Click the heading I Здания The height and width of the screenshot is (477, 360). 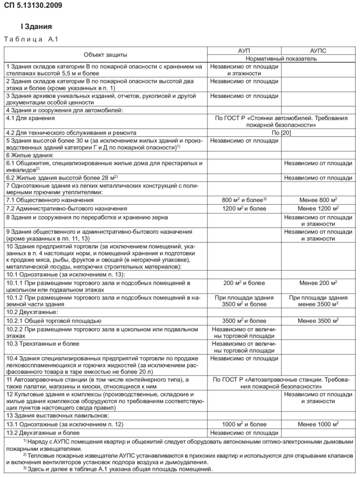pos(36,27)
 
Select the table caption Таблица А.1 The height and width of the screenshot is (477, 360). pos(30,39)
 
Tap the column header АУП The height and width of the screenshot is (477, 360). pos(244,50)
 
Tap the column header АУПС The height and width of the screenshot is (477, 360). pos(318,50)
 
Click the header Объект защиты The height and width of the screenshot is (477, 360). pos(105,55)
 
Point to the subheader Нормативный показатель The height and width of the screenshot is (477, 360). pos(281,59)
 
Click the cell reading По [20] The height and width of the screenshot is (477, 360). pos(281,133)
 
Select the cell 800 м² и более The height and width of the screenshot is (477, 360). pos(244,200)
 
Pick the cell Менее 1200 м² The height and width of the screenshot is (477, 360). pos(318,208)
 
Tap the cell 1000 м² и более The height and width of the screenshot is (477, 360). pos(244,424)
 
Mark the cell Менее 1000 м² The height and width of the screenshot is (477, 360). pos(318,424)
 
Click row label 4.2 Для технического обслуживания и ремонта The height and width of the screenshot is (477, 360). pos(71,133)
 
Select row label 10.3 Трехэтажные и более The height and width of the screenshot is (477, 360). pos(43,344)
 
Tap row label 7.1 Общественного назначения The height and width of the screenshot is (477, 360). pos(47,200)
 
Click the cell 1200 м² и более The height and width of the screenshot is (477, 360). pos(244,208)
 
